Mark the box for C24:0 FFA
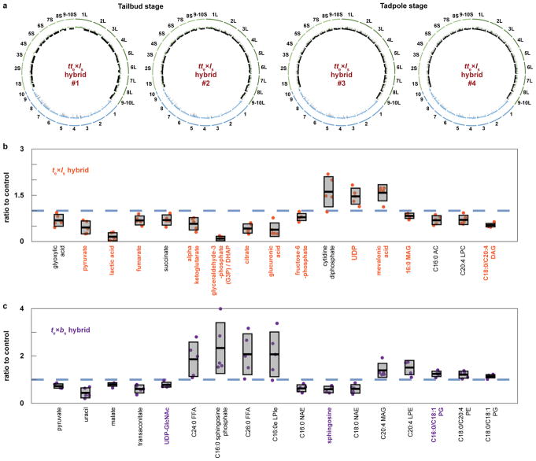(x=194, y=358)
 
